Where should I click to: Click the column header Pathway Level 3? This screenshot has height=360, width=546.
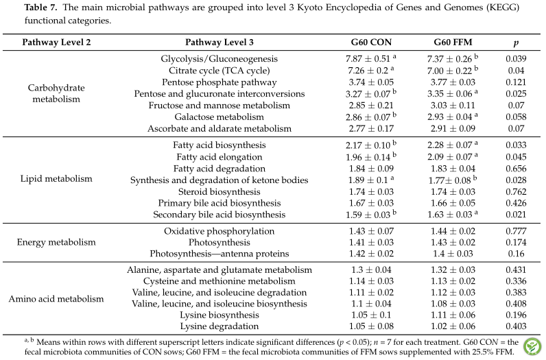[x=219, y=43]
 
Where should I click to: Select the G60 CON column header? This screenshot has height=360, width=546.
[x=371, y=43]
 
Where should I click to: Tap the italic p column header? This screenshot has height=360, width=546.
[x=516, y=43]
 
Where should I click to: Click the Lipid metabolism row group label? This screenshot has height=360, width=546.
[x=56, y=179]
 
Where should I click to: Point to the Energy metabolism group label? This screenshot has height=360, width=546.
[x=56, y=242]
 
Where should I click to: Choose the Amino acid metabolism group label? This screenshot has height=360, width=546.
[x=56, y=299]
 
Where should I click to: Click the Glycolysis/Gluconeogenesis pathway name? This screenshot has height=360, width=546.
[x=219, y=59]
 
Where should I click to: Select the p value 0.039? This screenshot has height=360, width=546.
[x=516, y=59]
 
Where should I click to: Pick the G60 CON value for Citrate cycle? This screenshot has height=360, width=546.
[x=371, y=71]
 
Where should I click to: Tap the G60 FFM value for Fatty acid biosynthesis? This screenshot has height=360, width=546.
[x=452, y=145]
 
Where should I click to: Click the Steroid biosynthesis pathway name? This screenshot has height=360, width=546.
[x=219, y=192]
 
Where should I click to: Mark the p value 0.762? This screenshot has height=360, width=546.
[x=516, y=192]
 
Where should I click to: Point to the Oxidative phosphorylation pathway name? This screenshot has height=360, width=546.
[x=219, y=231]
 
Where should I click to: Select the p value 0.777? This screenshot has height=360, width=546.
[x=516, y=231]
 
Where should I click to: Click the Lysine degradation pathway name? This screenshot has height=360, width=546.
[x=219, y=326]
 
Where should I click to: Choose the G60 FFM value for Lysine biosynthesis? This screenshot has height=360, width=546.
[x=453, y=315]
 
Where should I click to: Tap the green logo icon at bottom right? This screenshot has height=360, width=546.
[x=532, y=347]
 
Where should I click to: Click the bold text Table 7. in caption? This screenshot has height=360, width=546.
[x=40, y=8]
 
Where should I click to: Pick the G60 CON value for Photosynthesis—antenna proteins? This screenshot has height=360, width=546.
[x=371, y=254]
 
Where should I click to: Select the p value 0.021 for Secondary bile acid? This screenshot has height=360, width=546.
[x=516, y=215]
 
